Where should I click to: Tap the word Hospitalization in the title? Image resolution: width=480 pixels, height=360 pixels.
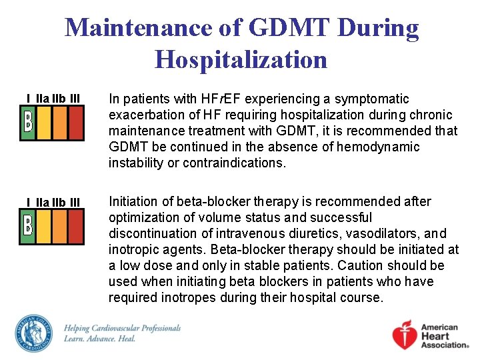coord(241,60)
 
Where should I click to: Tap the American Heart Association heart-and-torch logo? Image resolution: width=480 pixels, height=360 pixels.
coord(407,335)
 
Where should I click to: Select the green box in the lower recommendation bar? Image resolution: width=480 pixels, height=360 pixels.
coord(29,225)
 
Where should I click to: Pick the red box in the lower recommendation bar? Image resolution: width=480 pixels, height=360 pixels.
coord(76,225)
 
